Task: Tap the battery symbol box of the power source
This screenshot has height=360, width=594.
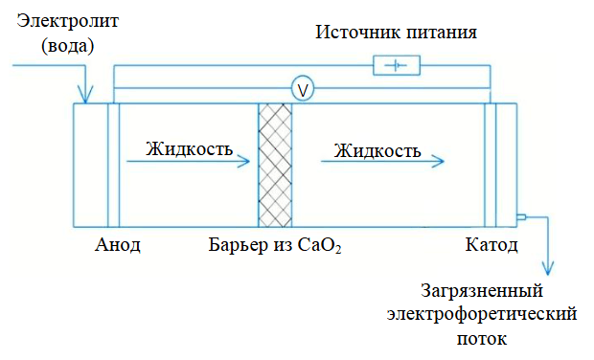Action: coord(397,65)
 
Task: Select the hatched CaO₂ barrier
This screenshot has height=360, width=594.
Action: coord(275,165)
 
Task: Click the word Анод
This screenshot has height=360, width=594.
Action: coord(118,245)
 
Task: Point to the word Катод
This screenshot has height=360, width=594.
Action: coord(491,245)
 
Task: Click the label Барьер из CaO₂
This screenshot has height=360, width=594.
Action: coord(275,245)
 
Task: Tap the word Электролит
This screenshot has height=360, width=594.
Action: coord(68,21)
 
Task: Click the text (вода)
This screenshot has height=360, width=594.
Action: coord(68,46)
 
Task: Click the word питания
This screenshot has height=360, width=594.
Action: coord(442,33)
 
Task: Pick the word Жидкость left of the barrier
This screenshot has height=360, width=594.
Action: coord(190,148)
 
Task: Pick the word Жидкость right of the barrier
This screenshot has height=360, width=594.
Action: coord(377,150)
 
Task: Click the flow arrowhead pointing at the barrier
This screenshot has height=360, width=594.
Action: coord(244,162)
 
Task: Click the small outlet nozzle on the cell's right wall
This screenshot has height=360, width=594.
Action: coord(521,217)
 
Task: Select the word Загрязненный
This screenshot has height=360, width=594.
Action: coord(482,291)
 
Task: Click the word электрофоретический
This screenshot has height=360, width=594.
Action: coord(482,314)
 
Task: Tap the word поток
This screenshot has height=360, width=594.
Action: coord(482,338)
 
